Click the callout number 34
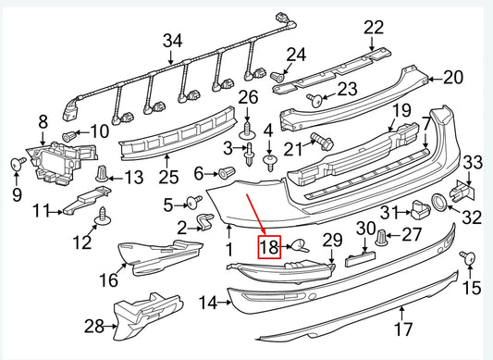[173, 40]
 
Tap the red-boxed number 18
[268, 246]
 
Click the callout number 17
[402, 328]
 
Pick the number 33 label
[473, 164]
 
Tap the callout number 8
[42, 121]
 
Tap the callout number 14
[208, 302]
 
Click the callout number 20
[452, 77]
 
